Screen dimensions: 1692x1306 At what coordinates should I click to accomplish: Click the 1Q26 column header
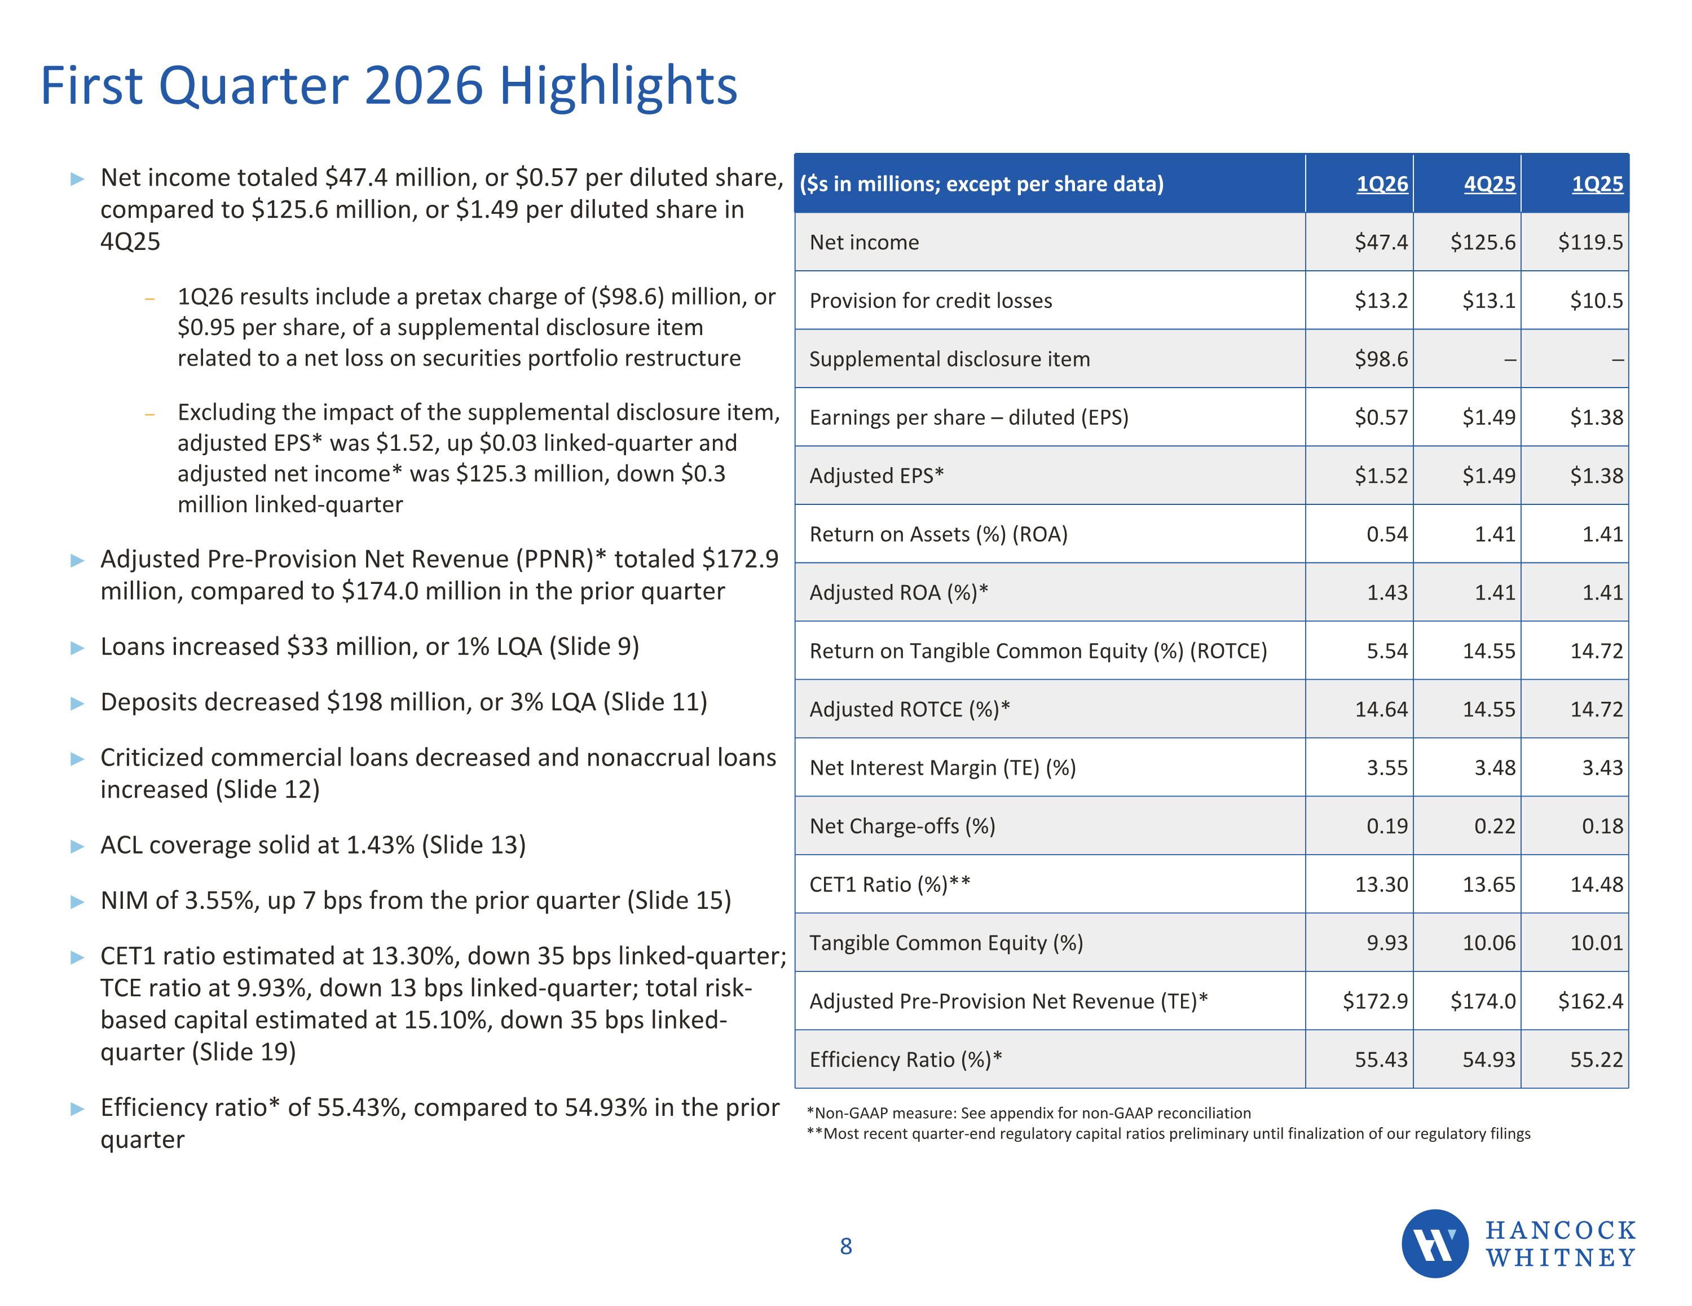click(x=1382, y=184)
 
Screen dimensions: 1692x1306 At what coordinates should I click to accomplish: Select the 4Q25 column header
click(x=1490, y=184)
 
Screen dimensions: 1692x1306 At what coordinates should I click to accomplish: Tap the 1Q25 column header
click(x=1597, y=184)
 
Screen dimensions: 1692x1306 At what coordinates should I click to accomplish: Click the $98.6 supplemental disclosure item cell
click(x=1381, y=359)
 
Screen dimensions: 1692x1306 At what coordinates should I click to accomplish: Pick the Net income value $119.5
click(x=1590, y=242)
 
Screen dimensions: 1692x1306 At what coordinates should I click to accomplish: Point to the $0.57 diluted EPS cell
click(x=1381, y=417)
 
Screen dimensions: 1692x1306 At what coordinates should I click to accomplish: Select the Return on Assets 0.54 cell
click(x=1387, y=534)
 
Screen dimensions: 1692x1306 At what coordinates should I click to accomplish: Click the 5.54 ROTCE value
click(x=1387, y=650)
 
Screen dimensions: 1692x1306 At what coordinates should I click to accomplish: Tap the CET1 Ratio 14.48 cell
click(x=1597, y=885)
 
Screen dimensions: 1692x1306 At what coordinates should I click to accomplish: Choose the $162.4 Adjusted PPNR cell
click(x=1590, y=1001)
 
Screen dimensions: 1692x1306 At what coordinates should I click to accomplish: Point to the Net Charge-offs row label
click(x=902, y=826)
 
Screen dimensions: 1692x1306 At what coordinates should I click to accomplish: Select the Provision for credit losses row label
click(x=931, y=301)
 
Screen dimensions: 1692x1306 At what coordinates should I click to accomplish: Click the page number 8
click(x=846, y=1246)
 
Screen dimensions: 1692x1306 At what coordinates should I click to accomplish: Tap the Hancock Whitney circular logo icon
click(x=1435, y=1244)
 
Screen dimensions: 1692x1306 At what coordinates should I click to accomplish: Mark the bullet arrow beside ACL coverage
click(x=77, y=846)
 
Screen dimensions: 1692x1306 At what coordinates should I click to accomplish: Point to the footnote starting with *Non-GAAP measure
click(x=1029, y=1113)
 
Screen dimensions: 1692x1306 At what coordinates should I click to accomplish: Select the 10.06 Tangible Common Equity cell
click(x=1489, y=943)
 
